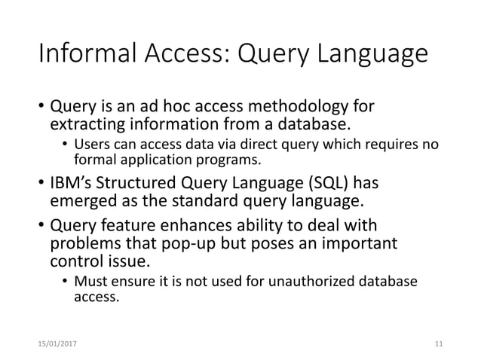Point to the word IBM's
click(x=73, y=184)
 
